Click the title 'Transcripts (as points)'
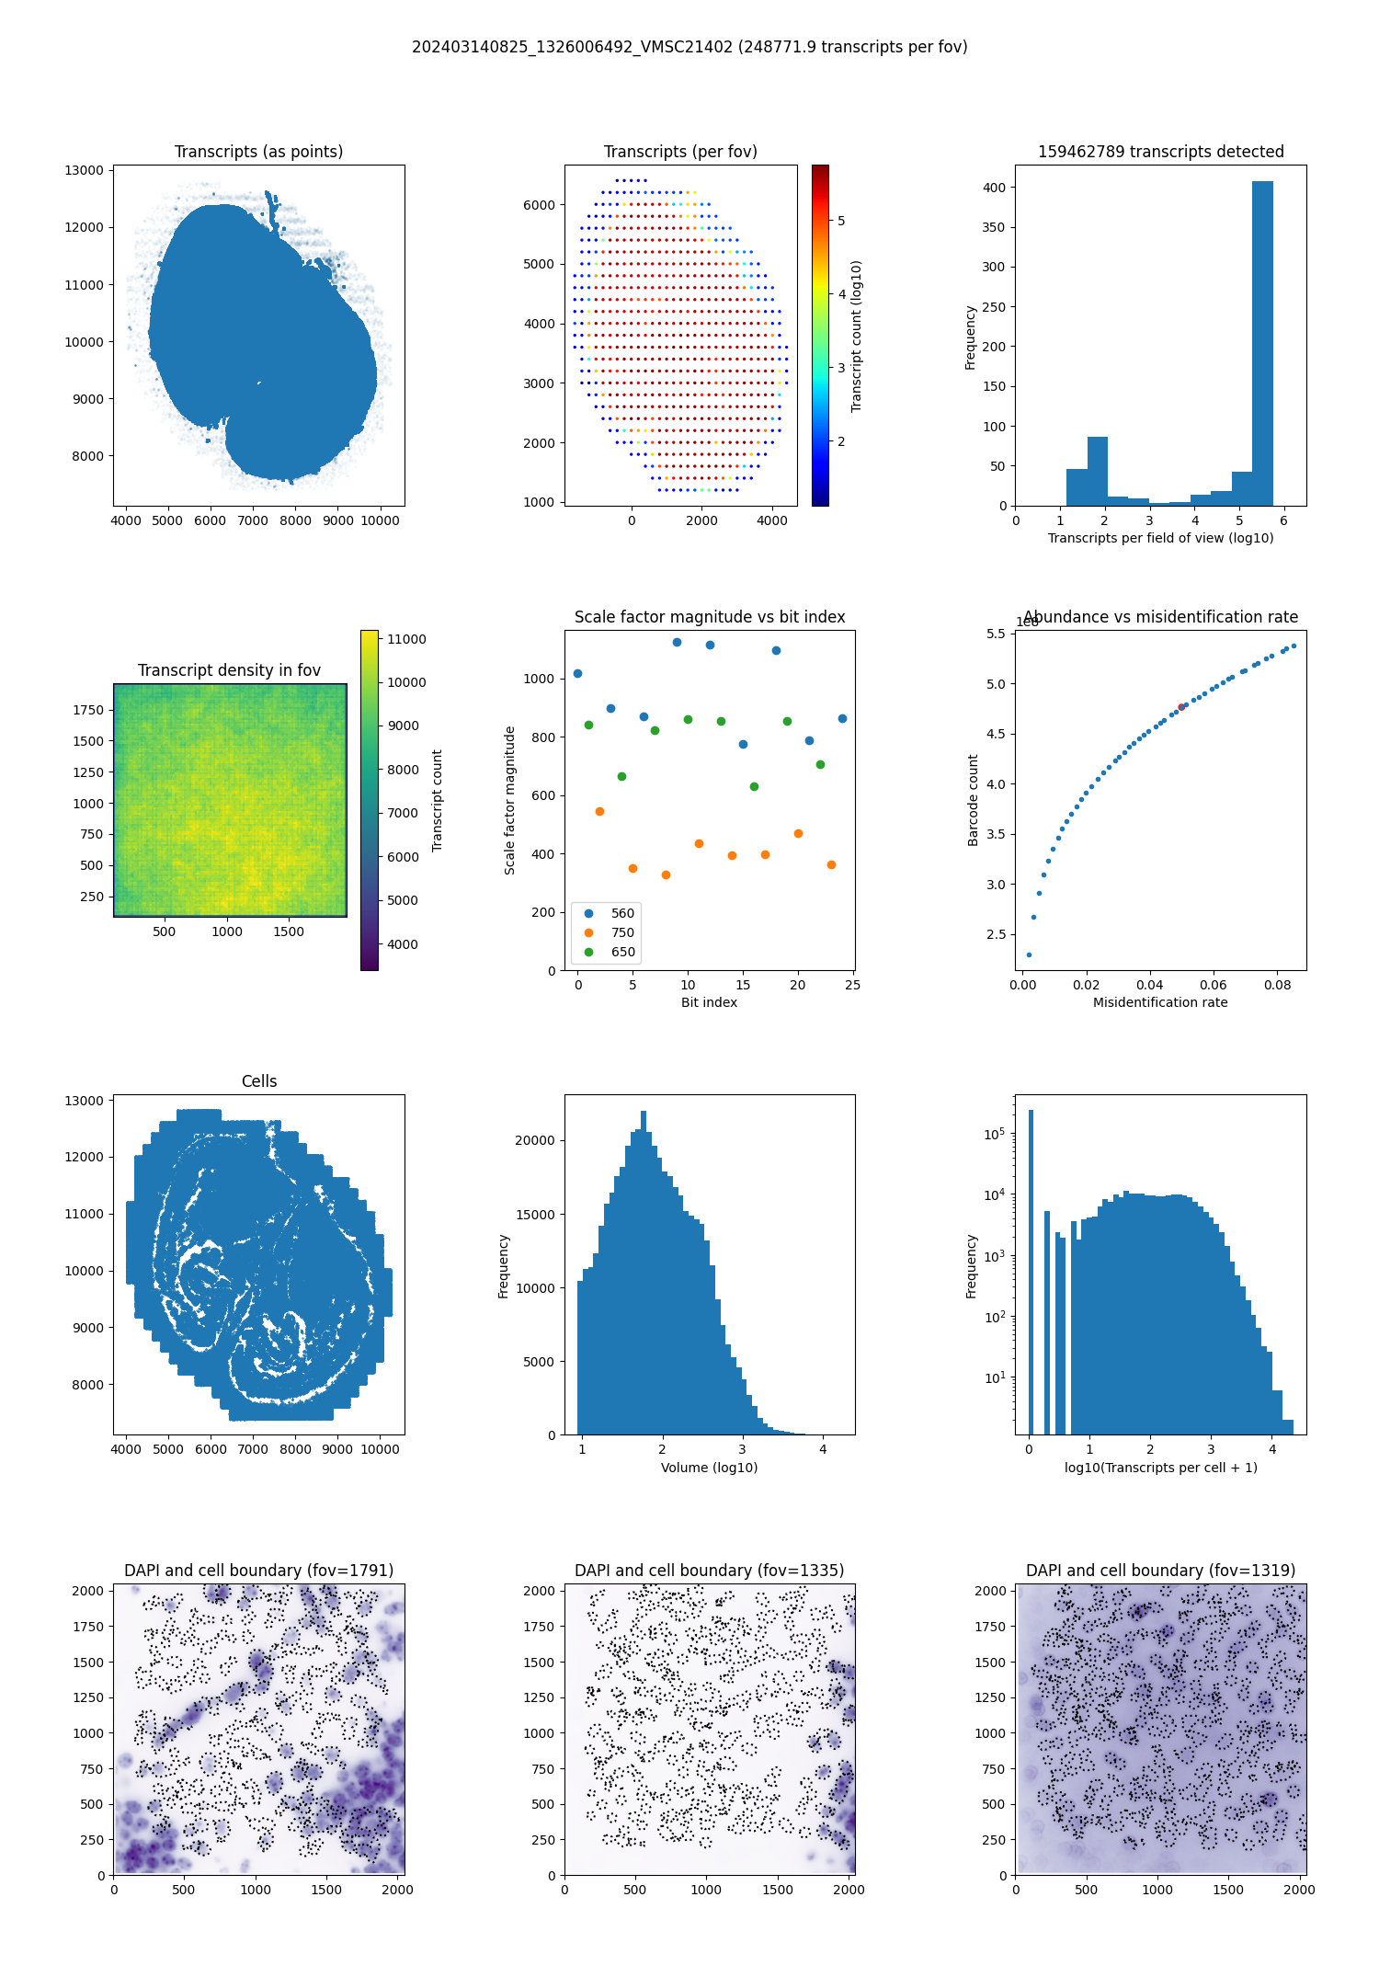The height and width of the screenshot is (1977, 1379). (258, 152)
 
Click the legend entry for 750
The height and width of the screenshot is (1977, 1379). (622, 932)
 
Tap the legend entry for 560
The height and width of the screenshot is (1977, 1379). (622, 913)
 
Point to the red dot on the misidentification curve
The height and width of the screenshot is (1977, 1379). (1181, 707)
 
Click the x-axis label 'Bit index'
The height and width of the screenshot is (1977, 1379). (709, 1002)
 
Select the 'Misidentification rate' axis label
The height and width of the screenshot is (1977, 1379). (1160, 1002)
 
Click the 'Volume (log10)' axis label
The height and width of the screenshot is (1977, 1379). (709, 1468)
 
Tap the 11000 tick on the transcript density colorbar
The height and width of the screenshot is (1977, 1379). (406, 639)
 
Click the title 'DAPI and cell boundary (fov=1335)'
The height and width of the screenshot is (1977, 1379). (709, 1571)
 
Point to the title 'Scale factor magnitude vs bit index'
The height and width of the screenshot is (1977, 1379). (709, 617)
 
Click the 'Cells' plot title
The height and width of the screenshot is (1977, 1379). (258, 1081)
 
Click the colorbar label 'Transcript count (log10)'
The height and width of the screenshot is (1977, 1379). (856, 336)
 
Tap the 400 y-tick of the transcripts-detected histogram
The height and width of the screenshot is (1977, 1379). (994, 188)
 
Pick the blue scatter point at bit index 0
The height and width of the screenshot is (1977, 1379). (577, 674)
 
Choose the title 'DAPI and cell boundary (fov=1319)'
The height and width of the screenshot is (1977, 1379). (1160, 1571)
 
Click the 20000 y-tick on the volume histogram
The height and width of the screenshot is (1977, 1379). (534, 1140)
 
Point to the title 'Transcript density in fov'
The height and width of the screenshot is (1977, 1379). (229, 670)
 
